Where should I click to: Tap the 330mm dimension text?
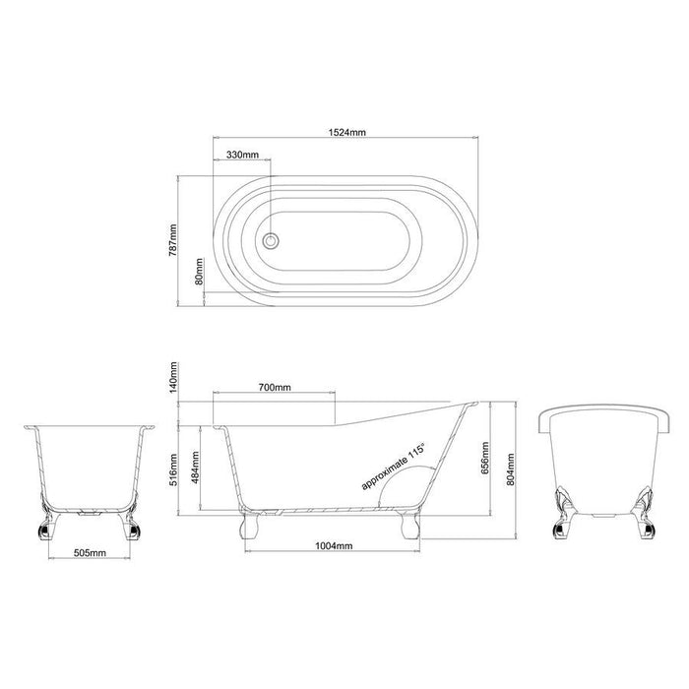[x=242, y=156]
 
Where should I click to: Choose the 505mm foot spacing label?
[x=89, y=554]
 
